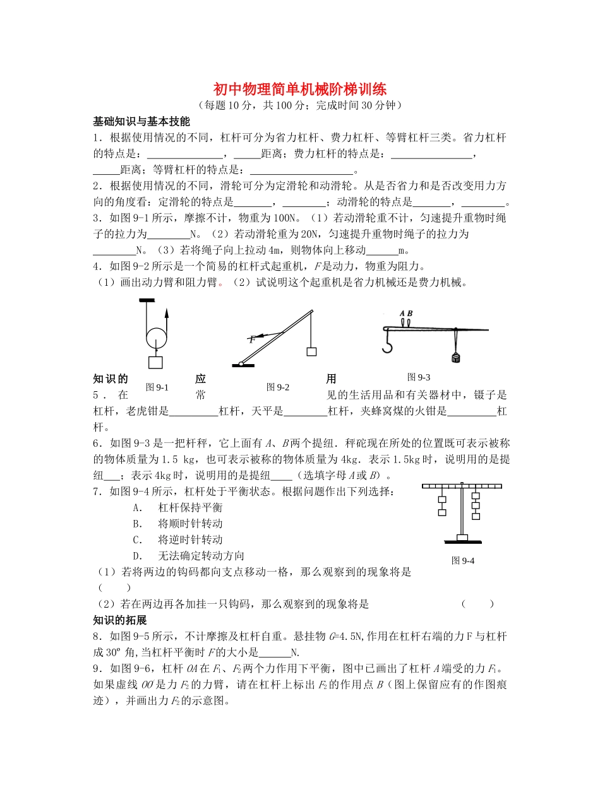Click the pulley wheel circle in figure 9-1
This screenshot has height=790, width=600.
[156, 339]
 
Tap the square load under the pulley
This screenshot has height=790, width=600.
[155, 362]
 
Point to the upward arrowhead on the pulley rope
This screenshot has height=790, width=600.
[167, 310]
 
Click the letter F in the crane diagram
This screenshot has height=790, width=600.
[251, 339]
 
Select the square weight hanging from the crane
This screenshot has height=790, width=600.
[310, 351]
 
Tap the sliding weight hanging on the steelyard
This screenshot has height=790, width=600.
[455, 358]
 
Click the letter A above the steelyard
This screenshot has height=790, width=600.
[402, 313]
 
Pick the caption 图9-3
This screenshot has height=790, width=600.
[419, 377]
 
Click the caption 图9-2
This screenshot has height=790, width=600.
[278, 387]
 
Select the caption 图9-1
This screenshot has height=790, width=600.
[157, 387]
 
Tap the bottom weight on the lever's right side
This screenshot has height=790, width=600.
[476, 515]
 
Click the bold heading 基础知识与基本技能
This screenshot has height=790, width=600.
[141, 121]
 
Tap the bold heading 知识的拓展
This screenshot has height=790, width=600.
[120, 620]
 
